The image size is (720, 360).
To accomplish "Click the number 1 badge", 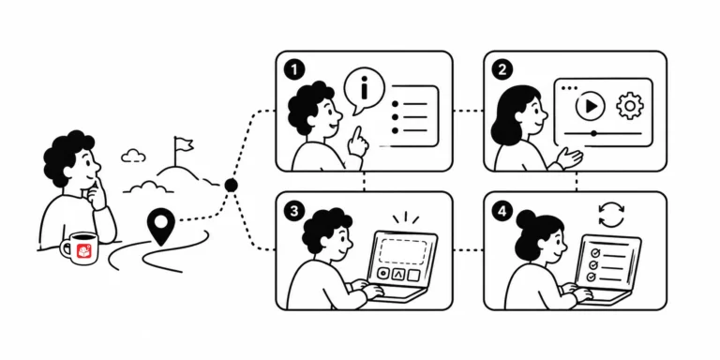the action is tap(294, 70).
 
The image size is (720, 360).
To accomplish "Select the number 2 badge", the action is tap(502, 70).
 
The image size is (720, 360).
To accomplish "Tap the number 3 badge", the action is tap(293, 211).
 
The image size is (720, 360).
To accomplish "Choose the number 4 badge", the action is tap(502, 212).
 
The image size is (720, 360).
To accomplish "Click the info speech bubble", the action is tap(364, 91).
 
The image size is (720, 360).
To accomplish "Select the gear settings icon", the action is tap(630, 106).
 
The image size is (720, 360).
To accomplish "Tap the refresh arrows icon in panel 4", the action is tap(611, 216).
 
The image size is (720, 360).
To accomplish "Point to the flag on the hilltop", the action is tap(183, 146).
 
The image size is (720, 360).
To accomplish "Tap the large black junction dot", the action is tap(231, 185).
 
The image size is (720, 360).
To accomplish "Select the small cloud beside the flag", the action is tap(134, 156).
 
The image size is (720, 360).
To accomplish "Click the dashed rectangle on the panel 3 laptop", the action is tap(403, 251).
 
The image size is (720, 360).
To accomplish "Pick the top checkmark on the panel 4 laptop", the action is tap(594, 252).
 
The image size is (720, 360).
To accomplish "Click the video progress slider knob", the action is tap(593, 134).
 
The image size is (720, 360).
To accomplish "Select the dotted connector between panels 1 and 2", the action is tap(468, 111).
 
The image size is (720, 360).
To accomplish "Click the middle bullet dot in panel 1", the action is tap(395, 117).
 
